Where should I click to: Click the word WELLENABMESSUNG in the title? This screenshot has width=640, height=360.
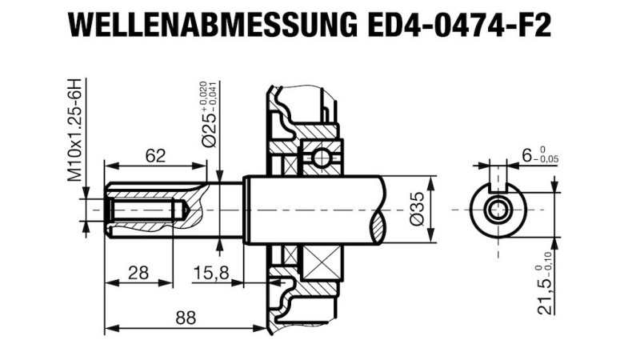coord(210,26)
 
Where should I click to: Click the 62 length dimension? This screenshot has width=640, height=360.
coord(156,156)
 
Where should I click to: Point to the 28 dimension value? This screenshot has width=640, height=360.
coord(138,273)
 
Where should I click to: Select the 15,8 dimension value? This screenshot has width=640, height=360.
coord(211,273)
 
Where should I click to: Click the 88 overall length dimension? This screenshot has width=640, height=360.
coord(186,318)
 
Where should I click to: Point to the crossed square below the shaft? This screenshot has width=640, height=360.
coord(321,262)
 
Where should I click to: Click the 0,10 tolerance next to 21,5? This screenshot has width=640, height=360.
coord(554,260)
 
